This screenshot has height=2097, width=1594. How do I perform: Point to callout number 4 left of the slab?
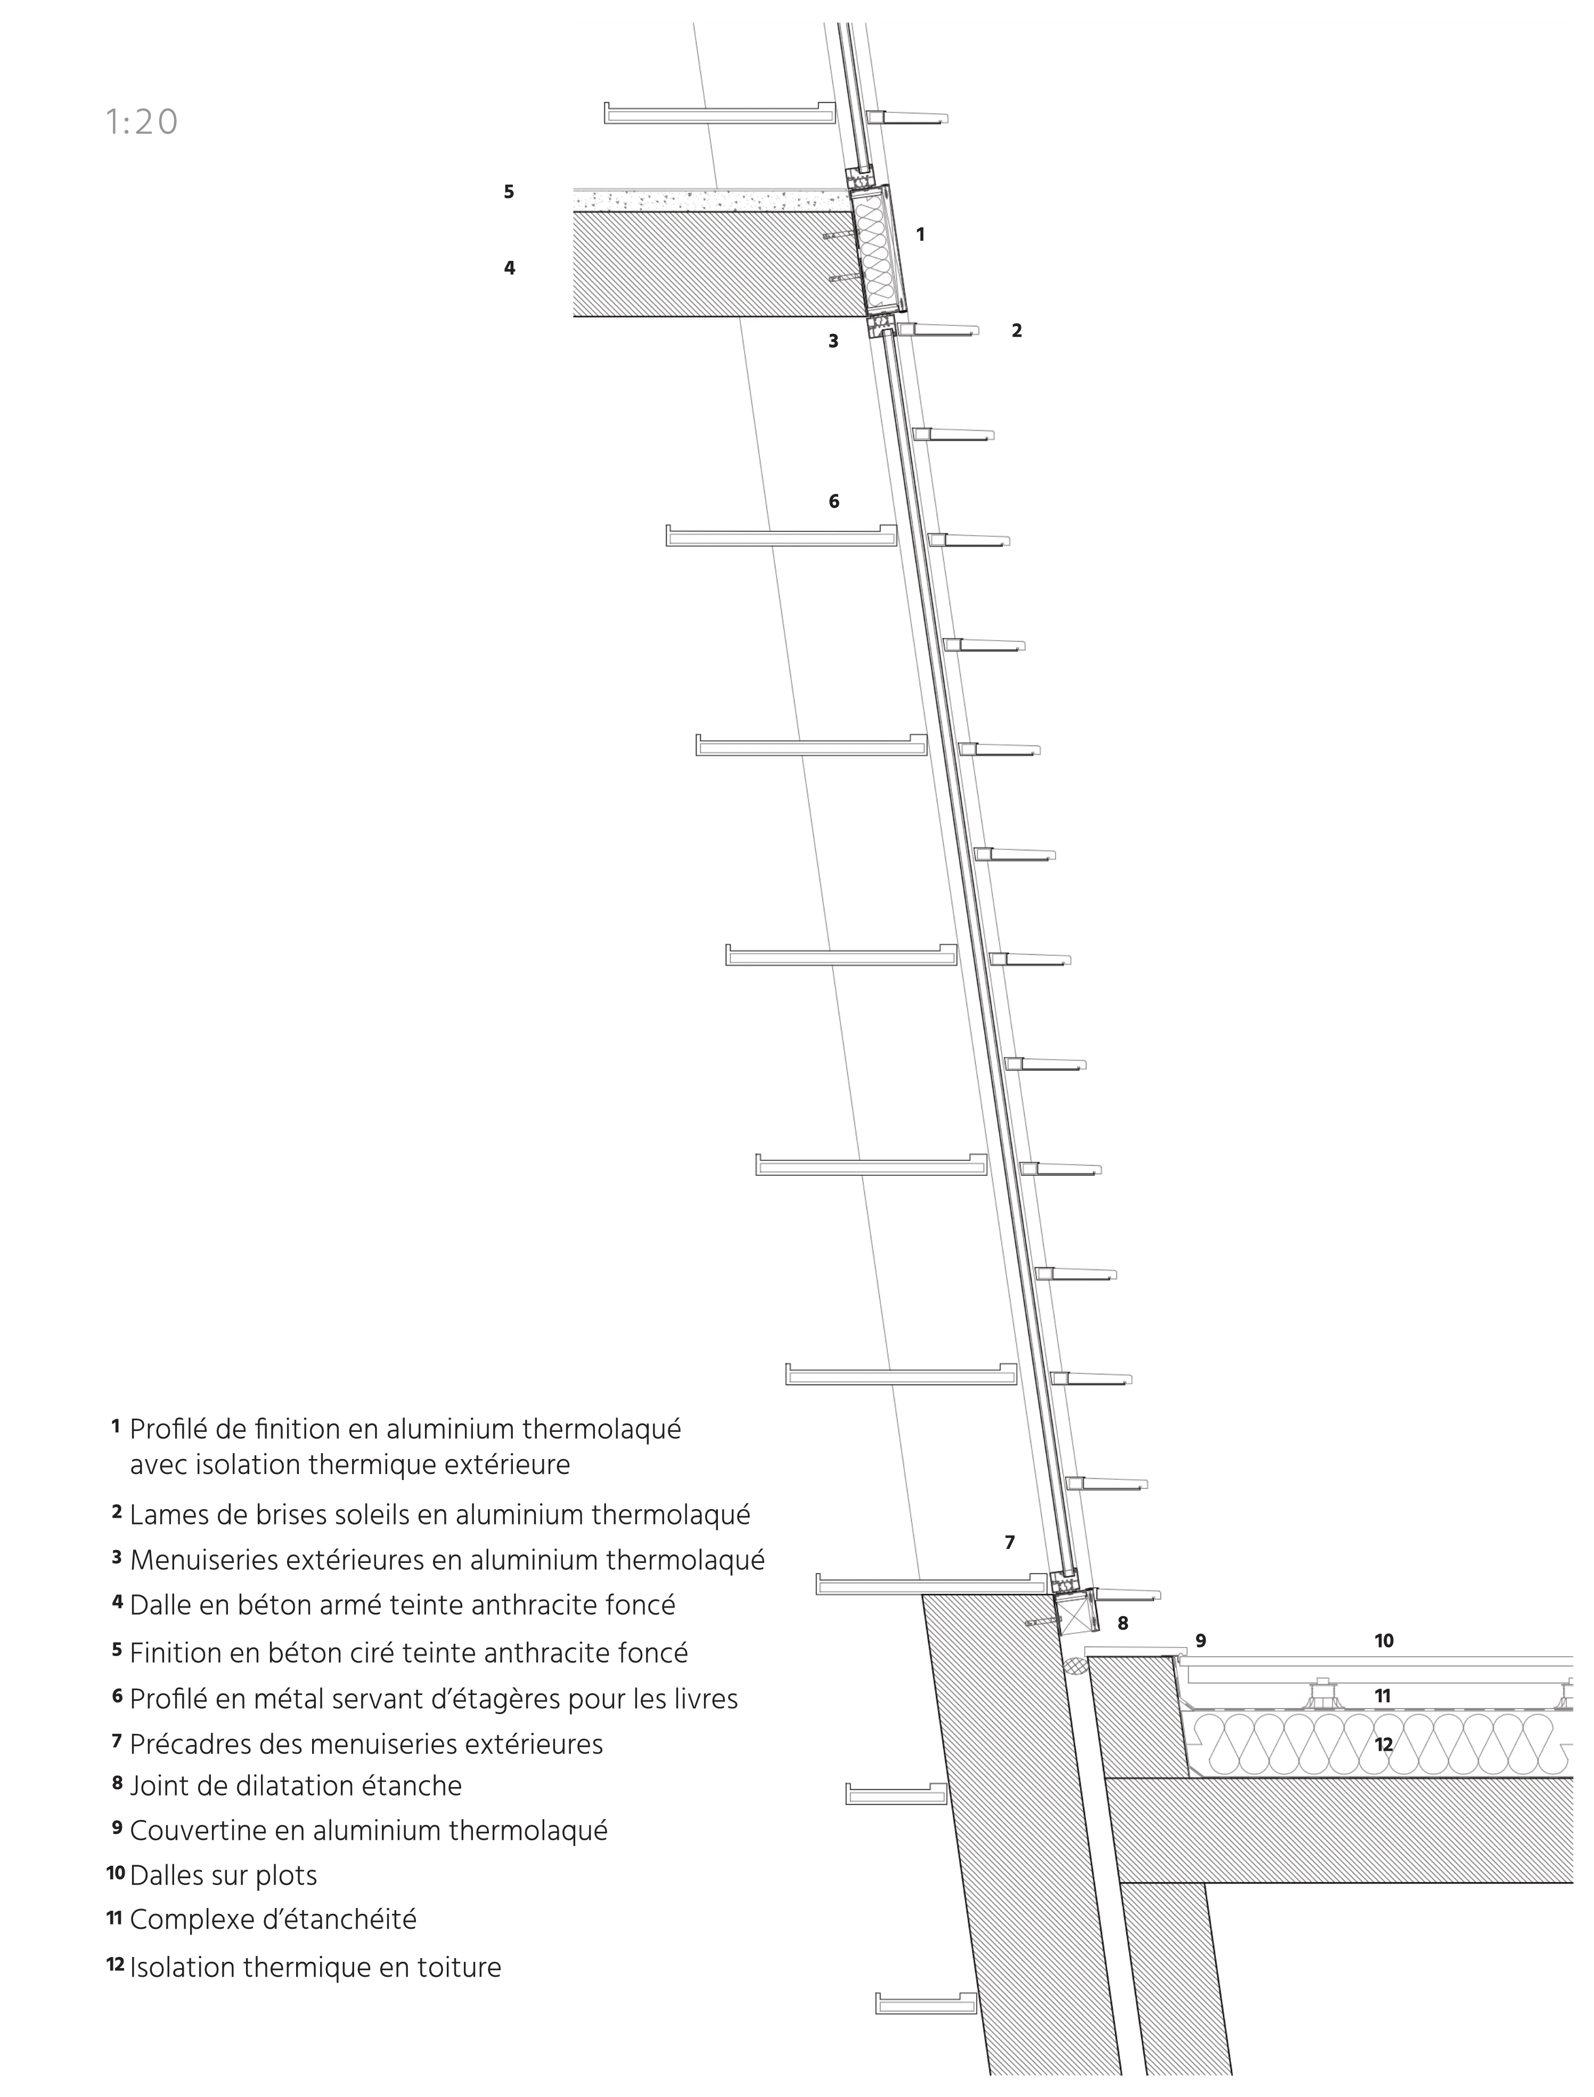510,268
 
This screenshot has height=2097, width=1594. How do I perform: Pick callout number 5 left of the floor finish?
509,192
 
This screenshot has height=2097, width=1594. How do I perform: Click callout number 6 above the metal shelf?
834,502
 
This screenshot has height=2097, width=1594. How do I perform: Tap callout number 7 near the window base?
1010,1543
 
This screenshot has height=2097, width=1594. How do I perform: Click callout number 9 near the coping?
1200,1641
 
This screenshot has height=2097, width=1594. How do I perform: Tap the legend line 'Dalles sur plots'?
223,1875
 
